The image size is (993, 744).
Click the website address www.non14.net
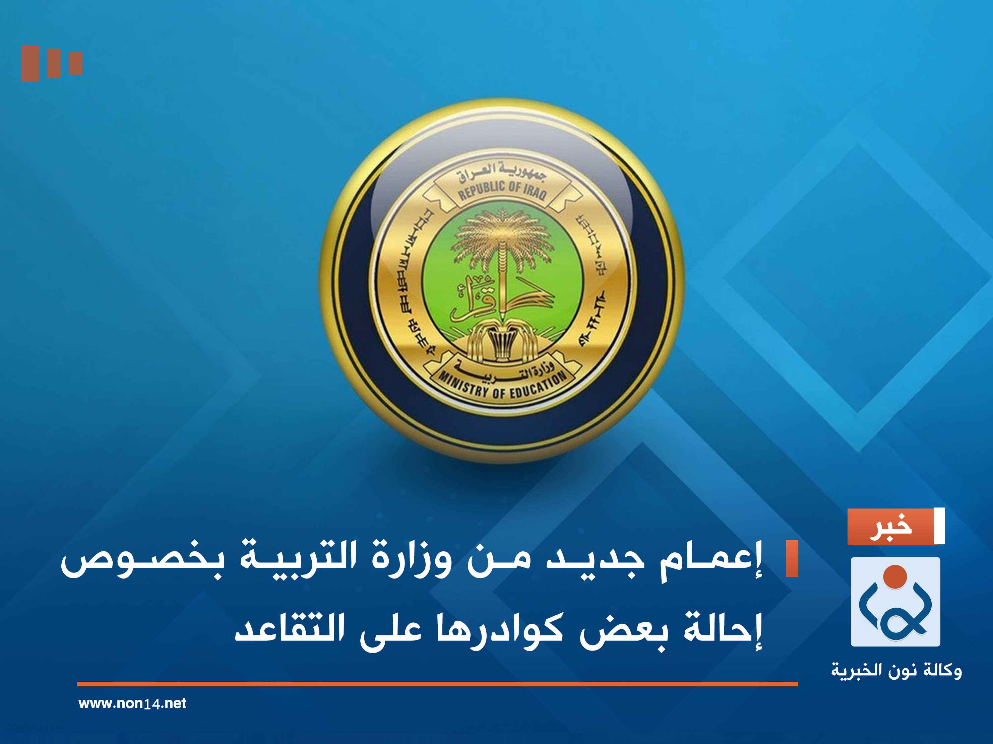coord(132,703)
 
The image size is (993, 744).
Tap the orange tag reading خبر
coord(890,527)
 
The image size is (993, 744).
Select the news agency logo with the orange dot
coord(895,601)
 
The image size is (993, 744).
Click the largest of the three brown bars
coord(30,63)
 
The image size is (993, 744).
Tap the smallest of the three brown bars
coord(76,63)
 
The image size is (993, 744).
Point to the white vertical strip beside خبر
coord(939,526)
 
